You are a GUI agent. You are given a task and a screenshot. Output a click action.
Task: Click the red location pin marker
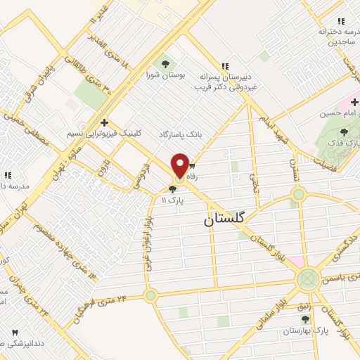click(180, 166)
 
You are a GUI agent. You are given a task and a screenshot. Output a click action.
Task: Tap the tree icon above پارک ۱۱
click(173, 188)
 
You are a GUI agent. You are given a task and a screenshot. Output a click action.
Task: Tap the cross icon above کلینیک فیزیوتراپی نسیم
click(104, 122)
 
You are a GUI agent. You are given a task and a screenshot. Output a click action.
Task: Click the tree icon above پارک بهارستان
click(304, 318)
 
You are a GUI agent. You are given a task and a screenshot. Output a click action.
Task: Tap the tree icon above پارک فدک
click(344, 131)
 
